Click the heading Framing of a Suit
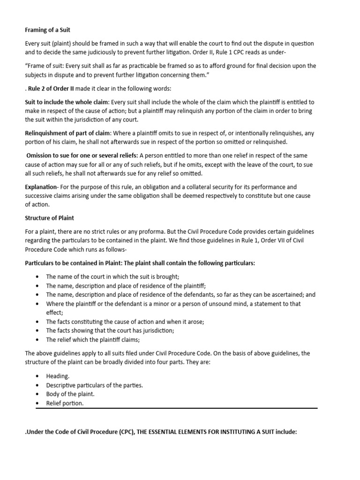coord(47,30)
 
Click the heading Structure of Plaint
coord(49,218)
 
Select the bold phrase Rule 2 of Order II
coord(54,89)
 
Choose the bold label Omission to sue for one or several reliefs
coord(82,155)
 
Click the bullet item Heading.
coord(58,376)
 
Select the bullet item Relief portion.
coord(65,403)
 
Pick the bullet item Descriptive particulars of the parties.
coord(94,385)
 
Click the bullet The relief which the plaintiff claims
coord(93,340)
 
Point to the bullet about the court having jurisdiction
coord(110,330)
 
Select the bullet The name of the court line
coord(112,277)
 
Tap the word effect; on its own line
coord(54,313)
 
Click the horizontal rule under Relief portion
coord(177,408)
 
